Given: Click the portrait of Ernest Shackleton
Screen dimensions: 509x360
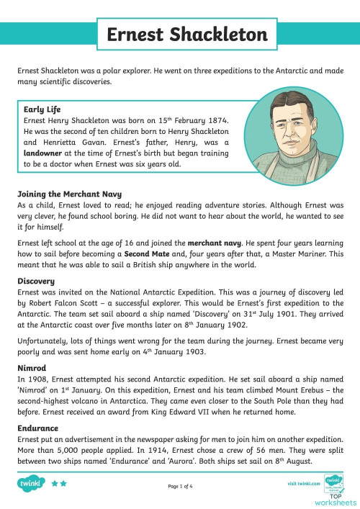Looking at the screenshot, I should [x=294, y=137].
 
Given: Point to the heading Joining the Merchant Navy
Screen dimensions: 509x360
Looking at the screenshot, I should [x=69, y=194].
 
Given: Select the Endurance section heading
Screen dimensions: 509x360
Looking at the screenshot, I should [x=37, y=427].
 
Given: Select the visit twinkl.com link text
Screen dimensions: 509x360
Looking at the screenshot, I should [x=302, y=484].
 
